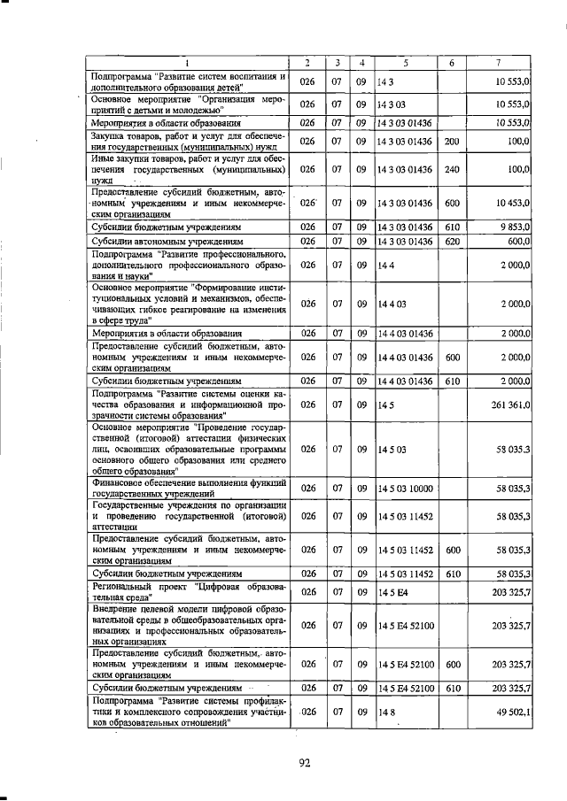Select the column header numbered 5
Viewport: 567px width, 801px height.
(x=405, y=62)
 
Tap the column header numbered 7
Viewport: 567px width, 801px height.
(x=498, y=62)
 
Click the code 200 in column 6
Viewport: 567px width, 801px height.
(x=451, y=141)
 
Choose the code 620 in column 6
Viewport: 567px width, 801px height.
(x=451, y=241)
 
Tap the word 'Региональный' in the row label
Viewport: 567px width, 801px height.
(x=128, y=586)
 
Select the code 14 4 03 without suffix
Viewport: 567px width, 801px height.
(x=390, y=304)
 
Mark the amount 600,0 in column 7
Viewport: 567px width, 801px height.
(x=516, y=241)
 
